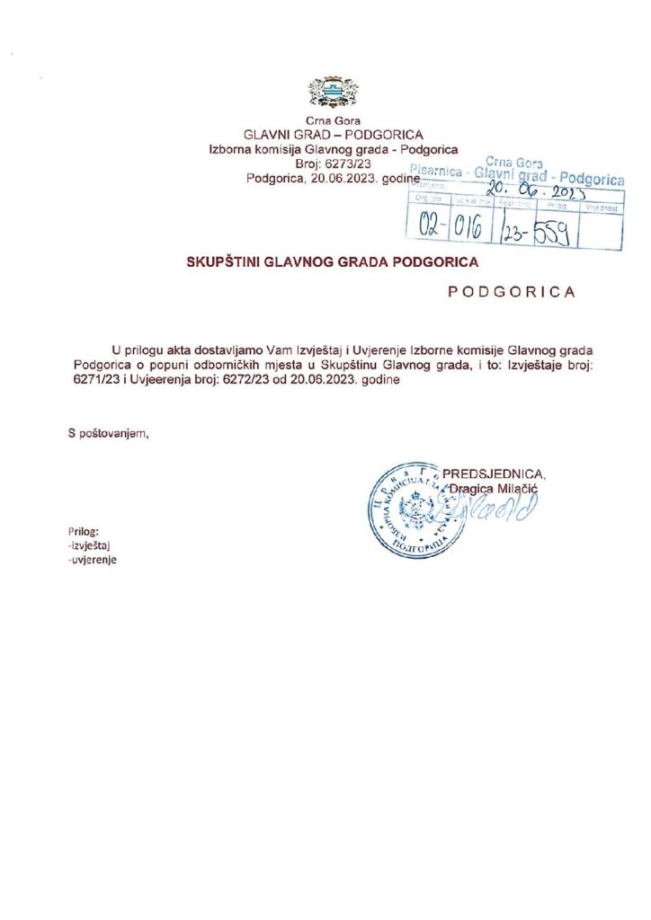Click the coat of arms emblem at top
tap(325, 93)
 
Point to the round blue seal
tap(410, 509)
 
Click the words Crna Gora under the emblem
tap(325, 120)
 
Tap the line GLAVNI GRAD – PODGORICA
tap(325, 135)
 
